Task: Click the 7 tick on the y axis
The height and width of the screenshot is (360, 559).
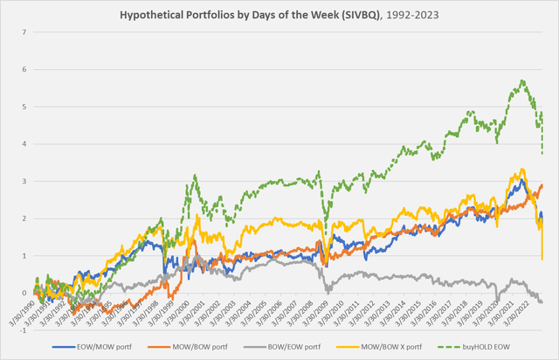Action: pyautogui.click(x=25, y=33)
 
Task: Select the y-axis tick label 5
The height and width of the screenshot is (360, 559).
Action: pyautogui.click(x=25, y=107)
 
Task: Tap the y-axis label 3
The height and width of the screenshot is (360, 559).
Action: pyautogui.click(x=25, y=182)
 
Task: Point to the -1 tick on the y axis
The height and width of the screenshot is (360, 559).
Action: pyautogui.click(x=24, y=330)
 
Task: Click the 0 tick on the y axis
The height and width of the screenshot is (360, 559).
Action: pyautogui.click(x=25, y=293)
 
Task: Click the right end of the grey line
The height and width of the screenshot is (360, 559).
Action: pyautogui.click(x=542, y=301)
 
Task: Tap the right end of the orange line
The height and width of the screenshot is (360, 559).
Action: pyautogui.click(x=542, y=184)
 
